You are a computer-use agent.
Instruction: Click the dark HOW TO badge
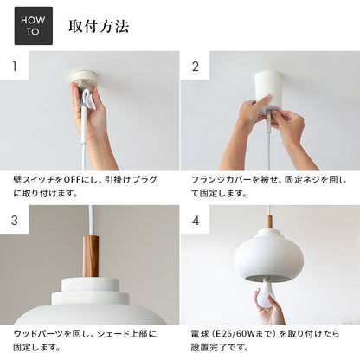click(x=34, y=26)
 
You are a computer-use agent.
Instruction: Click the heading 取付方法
click(x=99, y=27)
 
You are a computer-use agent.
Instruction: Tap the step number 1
click(x=15, y=67)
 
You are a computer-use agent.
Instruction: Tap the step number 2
click(x=196, y=67)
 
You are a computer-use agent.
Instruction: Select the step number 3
click(x=15, y=221)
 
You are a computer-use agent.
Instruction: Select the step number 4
click(x=196, y=221)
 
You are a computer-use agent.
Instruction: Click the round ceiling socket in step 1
click(x=84, y=80)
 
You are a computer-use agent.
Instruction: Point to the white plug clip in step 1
click(x=88, y=99)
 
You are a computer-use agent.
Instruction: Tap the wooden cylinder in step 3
click(x=91, y=256)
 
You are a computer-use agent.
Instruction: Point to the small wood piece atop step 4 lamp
click(x=269, y=222)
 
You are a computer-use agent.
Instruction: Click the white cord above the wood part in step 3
click(x=91, y=221)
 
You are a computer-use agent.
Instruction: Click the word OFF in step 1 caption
click(x=73, y=180)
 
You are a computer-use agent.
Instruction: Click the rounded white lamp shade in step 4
click(x=268, y=254)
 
